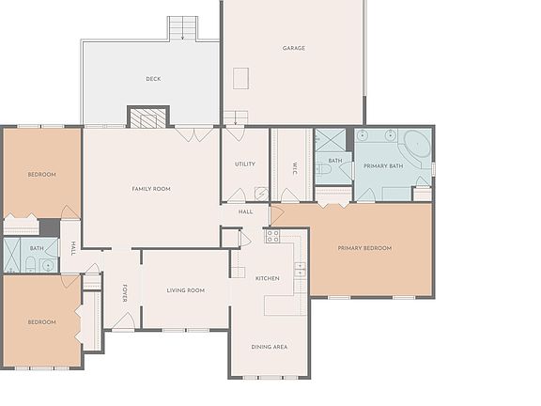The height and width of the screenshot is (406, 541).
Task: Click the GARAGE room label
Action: point(294,48)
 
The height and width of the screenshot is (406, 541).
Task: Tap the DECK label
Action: point(152,79)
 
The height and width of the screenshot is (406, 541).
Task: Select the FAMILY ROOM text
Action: point(151,189)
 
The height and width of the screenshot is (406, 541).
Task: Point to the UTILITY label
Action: point(245,164)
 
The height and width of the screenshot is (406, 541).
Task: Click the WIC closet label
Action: point(295,169)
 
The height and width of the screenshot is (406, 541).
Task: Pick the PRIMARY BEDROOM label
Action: point(364,248)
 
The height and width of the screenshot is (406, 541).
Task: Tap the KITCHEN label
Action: point(268,278)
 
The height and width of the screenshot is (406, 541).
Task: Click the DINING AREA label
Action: point(269,347)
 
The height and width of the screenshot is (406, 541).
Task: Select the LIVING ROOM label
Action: point(185,290)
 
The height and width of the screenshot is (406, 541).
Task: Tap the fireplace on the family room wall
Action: point(147,117)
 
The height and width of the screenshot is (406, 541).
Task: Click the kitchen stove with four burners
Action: point(272,236)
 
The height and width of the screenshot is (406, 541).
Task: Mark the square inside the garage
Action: point(240,78)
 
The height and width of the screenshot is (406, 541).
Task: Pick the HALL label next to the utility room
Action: point(245,212)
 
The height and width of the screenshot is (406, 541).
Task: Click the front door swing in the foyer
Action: point(122,321)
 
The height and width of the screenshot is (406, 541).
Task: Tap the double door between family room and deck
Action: point(195,134)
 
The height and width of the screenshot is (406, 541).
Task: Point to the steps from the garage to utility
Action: point(235,118)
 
